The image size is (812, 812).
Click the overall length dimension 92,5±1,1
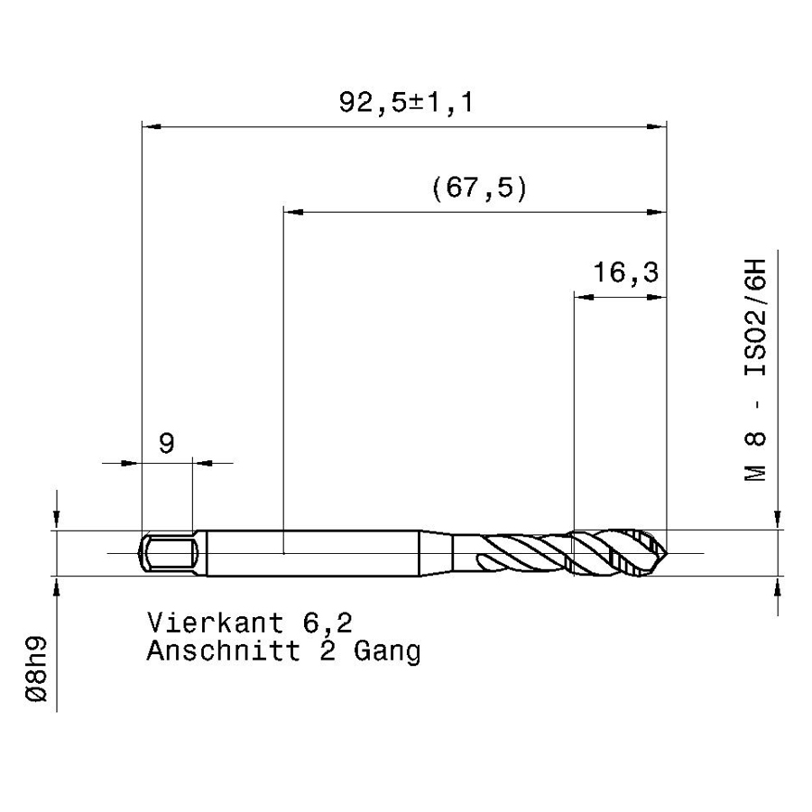point(406,102)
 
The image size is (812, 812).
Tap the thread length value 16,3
point(625,272)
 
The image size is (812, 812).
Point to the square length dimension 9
point(166,443)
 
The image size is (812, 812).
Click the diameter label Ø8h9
point(36,669)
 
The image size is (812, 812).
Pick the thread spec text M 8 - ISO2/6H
point(755,370)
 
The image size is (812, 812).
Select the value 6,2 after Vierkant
point(328,623)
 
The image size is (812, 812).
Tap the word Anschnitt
point(224,651)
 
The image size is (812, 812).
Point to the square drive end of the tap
point(167,552)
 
